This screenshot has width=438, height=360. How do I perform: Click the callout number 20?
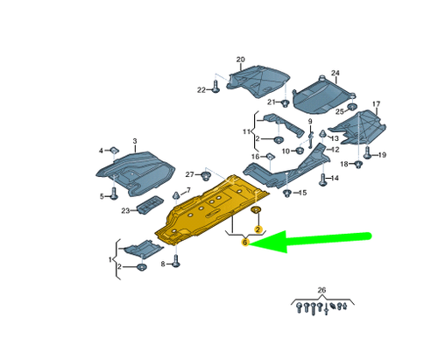241,59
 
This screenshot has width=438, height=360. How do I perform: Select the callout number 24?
334,73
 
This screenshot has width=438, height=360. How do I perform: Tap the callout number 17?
376,104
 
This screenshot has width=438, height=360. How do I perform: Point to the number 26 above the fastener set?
321,290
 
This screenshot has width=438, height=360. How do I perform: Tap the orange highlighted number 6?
245,243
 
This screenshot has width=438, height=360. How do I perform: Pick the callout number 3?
135,141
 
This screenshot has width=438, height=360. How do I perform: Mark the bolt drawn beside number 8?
177,260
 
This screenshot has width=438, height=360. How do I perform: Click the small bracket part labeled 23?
148,208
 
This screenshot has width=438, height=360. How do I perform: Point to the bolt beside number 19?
368,156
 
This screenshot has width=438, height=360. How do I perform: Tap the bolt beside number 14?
323,180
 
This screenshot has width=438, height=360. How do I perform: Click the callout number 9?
310,120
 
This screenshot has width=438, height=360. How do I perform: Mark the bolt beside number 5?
114,194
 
